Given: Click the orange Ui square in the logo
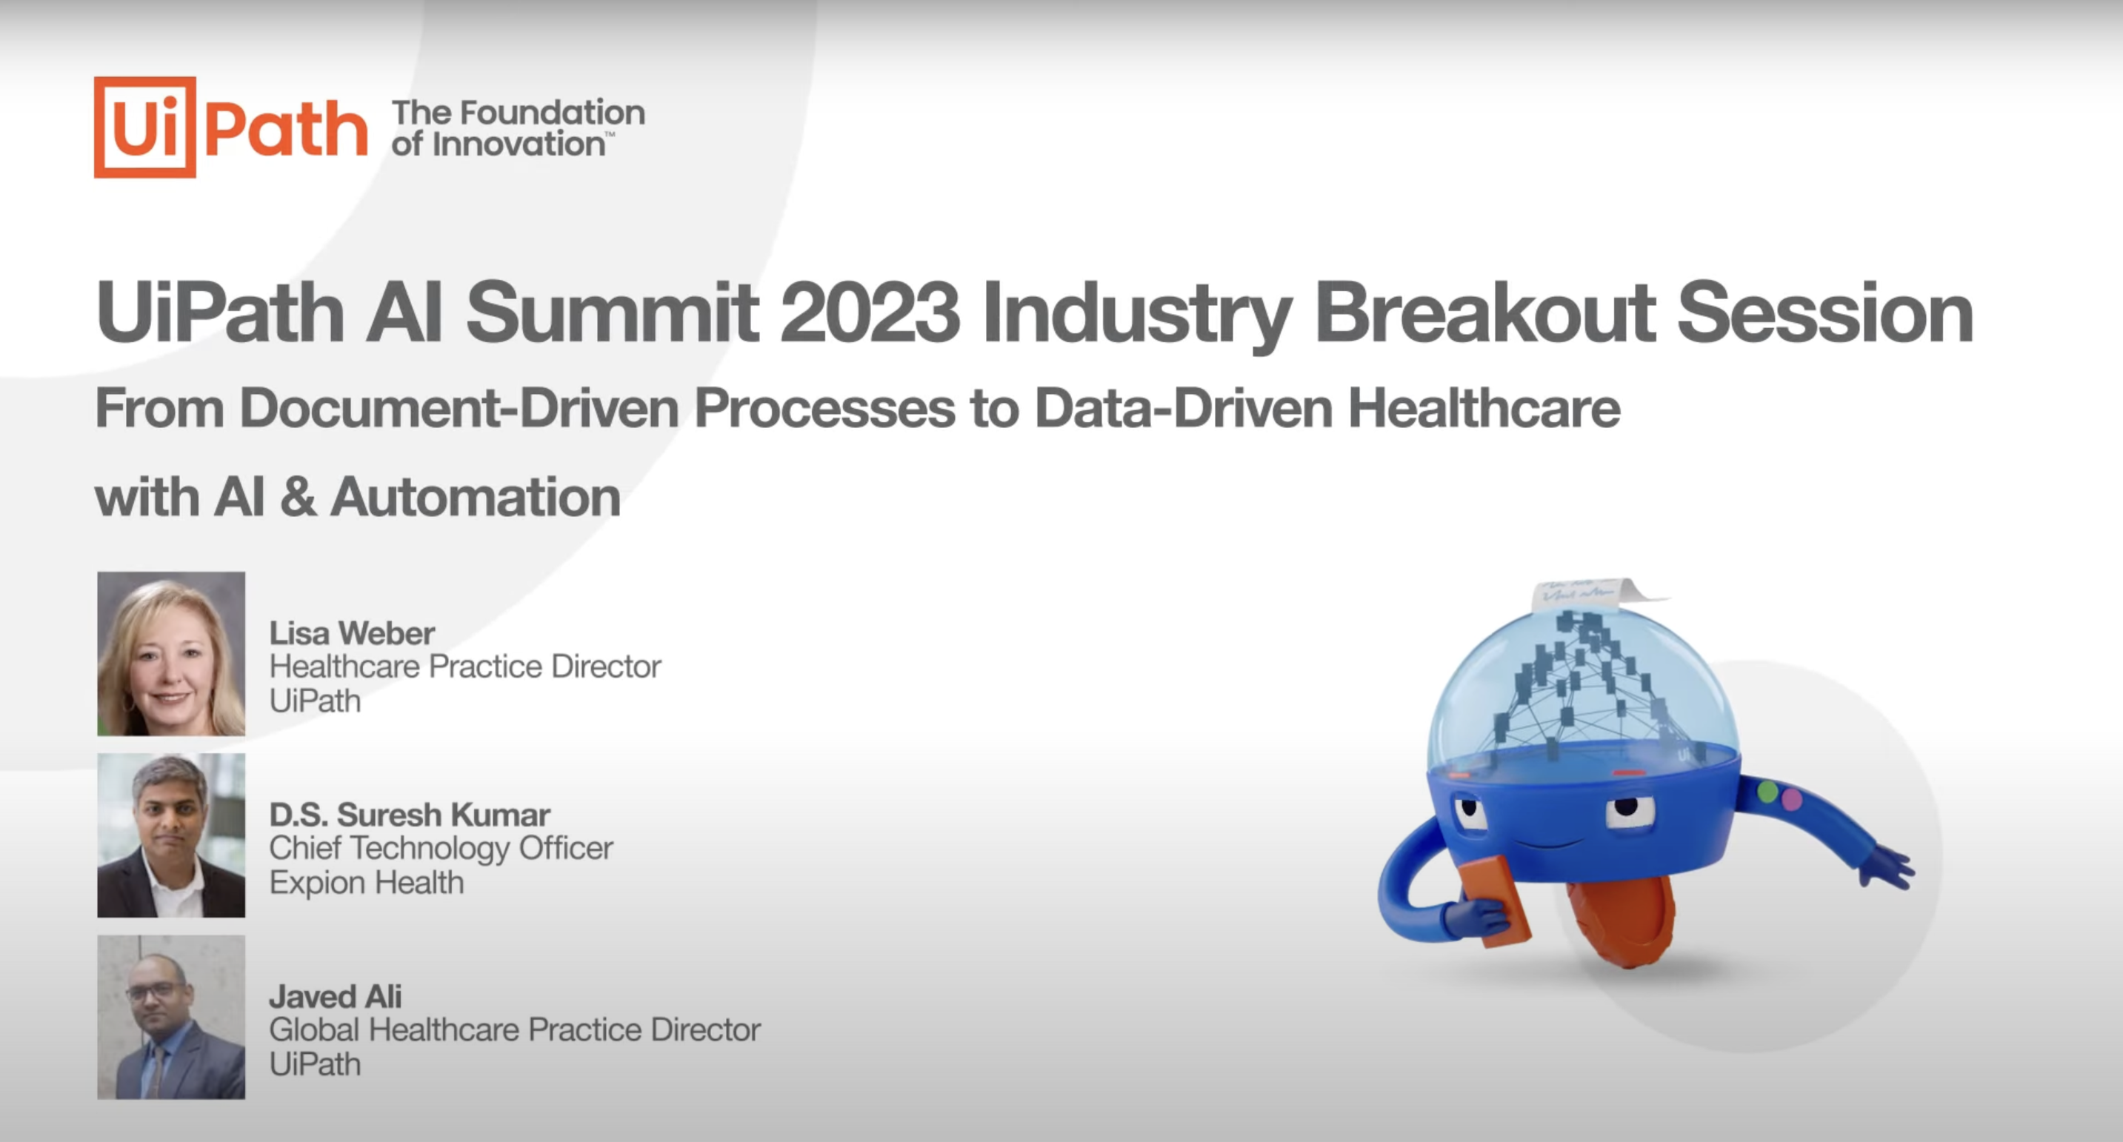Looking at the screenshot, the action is (x=145, y=127).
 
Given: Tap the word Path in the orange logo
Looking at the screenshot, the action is (x=285, y=129).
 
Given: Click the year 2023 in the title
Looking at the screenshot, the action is (x=870, y=313).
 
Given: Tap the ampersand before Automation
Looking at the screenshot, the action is (x=298, y=497).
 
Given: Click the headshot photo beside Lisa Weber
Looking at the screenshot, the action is (x=171, y=653).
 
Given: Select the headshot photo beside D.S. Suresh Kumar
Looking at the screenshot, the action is (x=171, y=835).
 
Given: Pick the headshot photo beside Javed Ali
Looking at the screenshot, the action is (x=171, y=1017).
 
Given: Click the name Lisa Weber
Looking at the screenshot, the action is (x=352, y=632).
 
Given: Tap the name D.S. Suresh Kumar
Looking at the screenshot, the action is (x=410, y=814).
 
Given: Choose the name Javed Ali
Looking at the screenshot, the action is (x=336, y=996).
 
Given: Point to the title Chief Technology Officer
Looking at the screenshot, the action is (x=441, y=848).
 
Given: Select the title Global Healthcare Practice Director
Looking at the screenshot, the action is (x=515, y=1029).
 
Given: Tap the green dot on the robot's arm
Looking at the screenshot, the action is (x=1767, y=792).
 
